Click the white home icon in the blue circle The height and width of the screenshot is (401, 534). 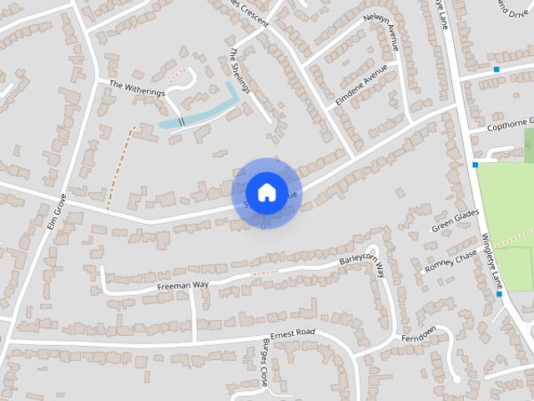pos(266,193)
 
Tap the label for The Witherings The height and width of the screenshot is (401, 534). pos(138,89)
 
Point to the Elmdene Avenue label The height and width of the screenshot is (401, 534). pos(363,84)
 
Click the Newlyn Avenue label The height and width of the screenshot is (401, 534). pos(381,31)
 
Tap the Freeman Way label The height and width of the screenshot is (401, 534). pos(183,287)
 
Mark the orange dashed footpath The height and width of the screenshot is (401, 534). pos(120,167)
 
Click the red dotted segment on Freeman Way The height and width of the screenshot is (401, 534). pos(264,272)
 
